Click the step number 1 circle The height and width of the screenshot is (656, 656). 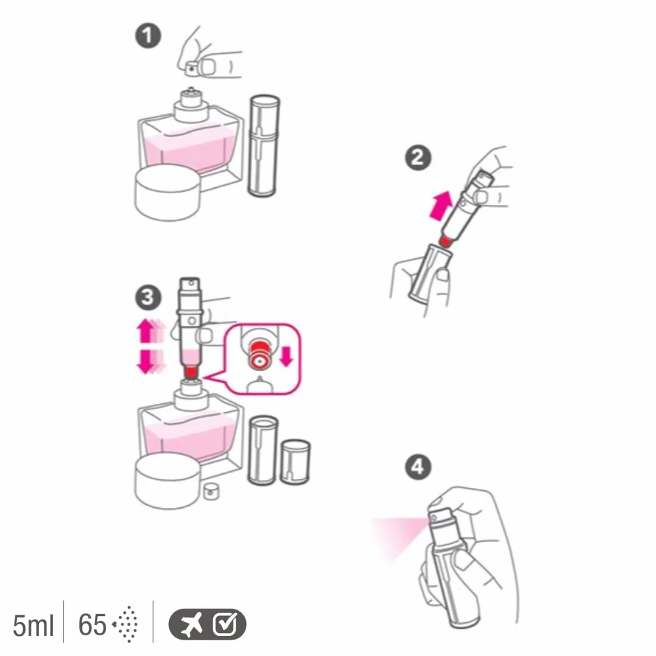click(x=148, y=36)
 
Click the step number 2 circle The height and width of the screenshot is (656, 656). click(x=418, y=158)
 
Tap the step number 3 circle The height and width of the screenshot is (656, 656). click(x=148, y=298)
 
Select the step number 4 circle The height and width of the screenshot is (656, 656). click(x=418, y=467)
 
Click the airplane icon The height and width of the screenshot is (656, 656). click(x=191, y=624)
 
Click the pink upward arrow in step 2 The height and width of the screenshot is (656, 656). click(x=441, y=205)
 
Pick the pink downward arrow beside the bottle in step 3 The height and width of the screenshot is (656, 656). click(x=145, y=361)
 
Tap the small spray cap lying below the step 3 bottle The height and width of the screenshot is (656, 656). click(x=211, y=491)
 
